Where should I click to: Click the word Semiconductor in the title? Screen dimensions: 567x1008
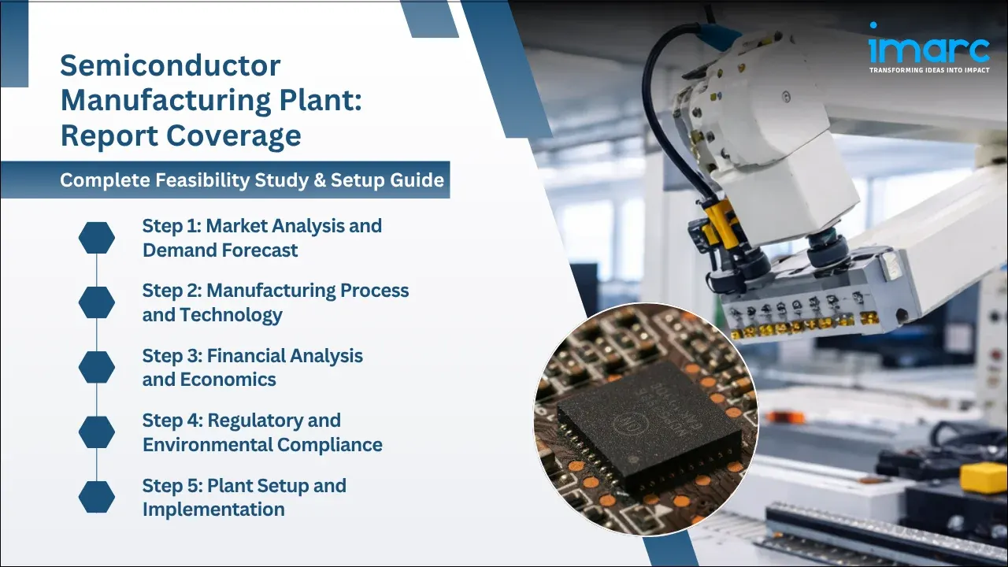point(170,65)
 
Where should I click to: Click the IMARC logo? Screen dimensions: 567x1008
point(928,49)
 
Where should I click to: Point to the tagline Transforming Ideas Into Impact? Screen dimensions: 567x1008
point(928,70)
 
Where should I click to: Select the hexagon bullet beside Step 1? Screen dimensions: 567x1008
point(97,238)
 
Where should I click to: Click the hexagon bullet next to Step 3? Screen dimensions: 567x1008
point(97,367)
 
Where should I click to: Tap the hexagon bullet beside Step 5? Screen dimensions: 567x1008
point(97,497)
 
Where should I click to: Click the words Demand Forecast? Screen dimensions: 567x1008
point(220,250)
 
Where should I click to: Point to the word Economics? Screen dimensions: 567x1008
point(228,380)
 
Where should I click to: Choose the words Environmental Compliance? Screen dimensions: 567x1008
point(262,444)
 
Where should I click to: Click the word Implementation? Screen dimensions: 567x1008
point(213,510)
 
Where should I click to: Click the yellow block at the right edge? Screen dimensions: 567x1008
point(984,476)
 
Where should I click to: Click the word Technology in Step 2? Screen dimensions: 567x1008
point(231,315)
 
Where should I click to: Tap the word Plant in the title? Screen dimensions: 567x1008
point(323,101)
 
